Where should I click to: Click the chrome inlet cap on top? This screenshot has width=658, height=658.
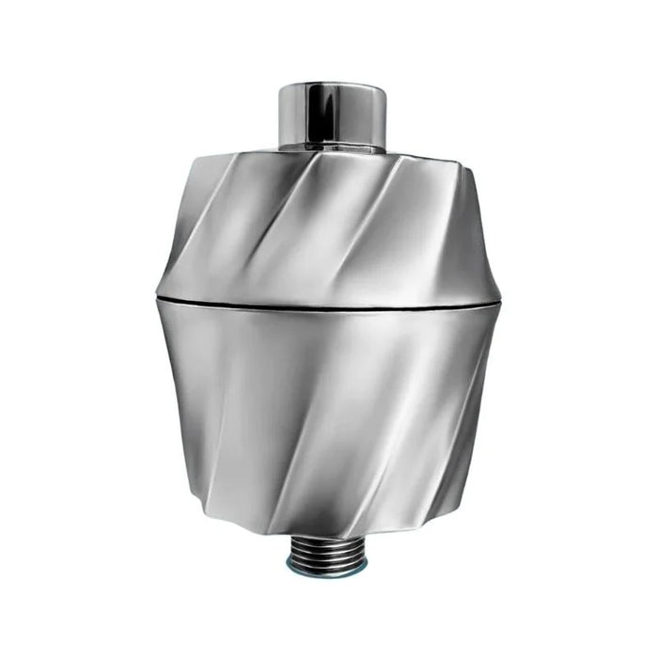pos(332,116)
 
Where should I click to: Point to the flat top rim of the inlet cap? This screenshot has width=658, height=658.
pos(332,86)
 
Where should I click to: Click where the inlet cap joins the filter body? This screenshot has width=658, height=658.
pos(332,149)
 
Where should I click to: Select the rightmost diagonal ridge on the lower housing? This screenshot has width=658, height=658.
pos(461,423)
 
